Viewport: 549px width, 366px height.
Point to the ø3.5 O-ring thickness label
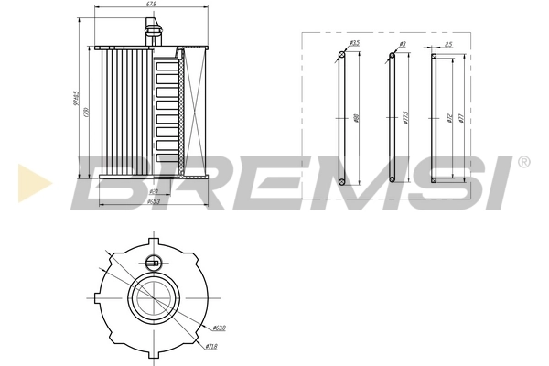click(x=355, y=43)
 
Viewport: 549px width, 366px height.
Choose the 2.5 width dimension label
click(x=447, y=43)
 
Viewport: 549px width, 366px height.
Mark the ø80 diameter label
click(x=356, y=117)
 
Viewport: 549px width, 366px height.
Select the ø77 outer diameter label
click(x=462, y=117)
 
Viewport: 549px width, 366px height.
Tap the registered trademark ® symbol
click(x=522, y=163)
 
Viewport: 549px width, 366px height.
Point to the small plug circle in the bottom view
click(x=153, y=264)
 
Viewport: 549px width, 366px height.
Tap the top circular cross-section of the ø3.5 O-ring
click(x=342, y=56)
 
